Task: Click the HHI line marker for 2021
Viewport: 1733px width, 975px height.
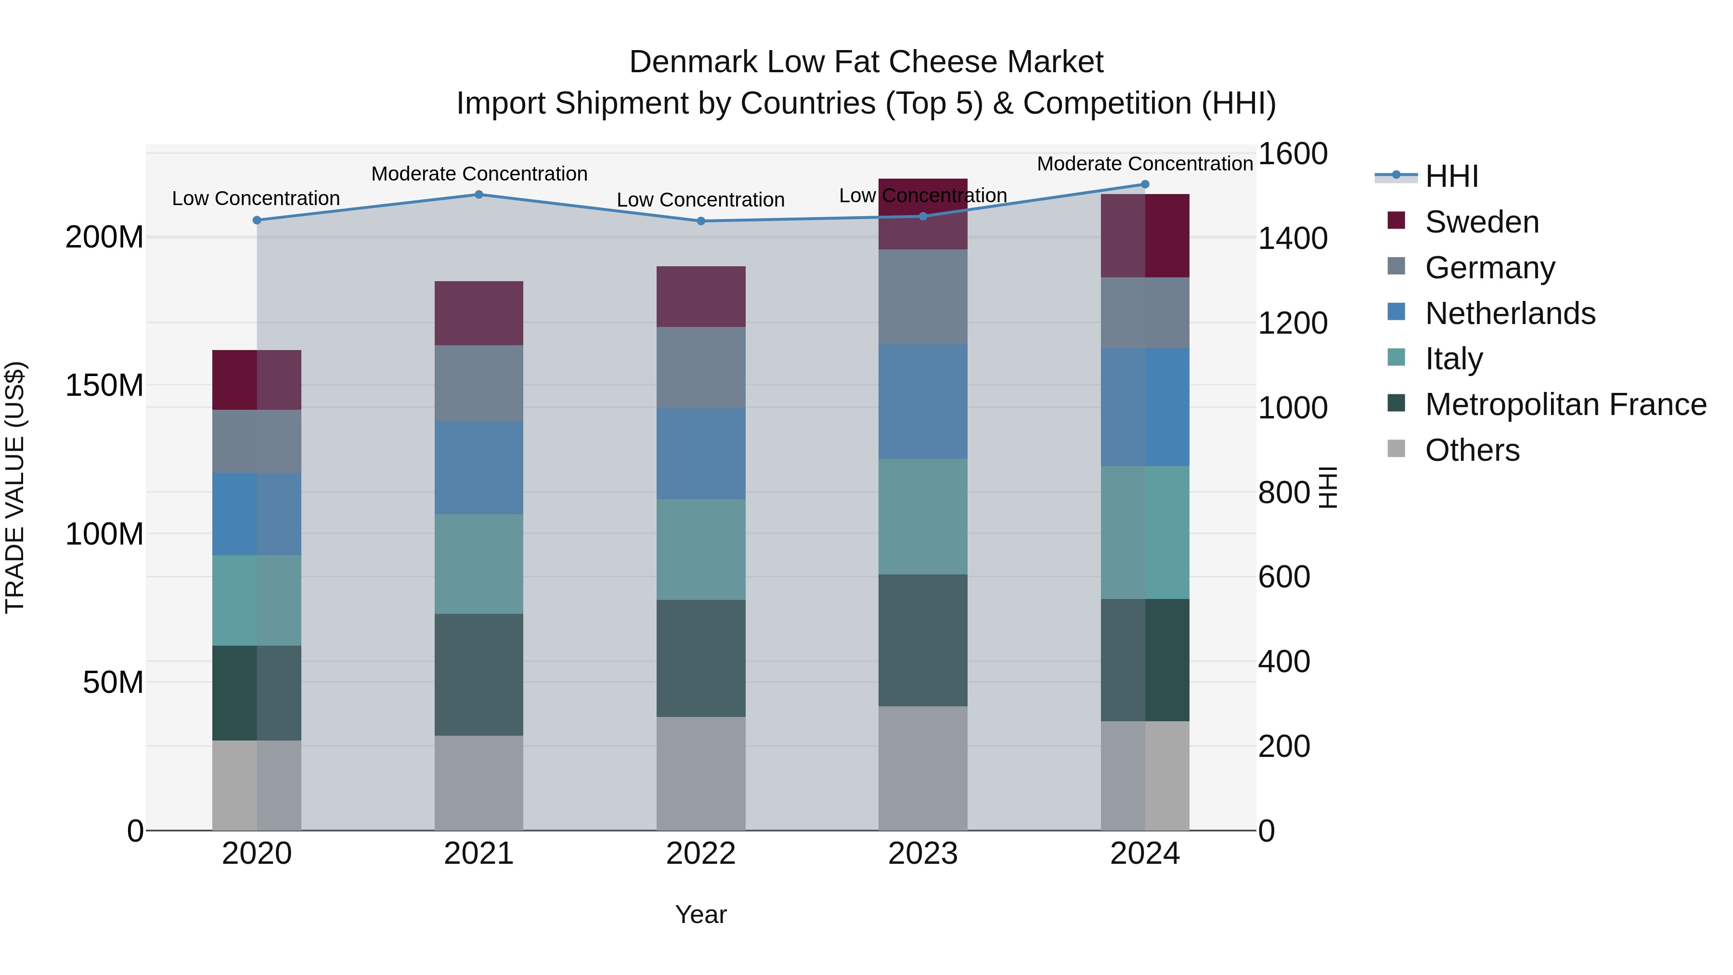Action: tap(479, 195)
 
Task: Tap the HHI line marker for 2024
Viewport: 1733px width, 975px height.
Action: tap(1145, 184)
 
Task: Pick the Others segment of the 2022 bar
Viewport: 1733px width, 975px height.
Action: tap(700, 773)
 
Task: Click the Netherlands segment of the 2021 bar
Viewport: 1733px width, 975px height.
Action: tap(479, 468)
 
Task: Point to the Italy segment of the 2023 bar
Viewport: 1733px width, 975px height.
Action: tap(922, 517)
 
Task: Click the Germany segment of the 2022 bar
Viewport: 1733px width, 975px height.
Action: tap(700, 367)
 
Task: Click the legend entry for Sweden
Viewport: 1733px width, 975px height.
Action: tap(1481, 222)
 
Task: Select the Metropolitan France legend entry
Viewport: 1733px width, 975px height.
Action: tap(1565, 404)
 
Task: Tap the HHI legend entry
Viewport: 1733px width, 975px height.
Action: tap(1451, 176)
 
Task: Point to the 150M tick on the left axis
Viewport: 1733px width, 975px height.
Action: tap(104, 386)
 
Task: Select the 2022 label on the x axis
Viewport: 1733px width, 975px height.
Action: tap(700, 854)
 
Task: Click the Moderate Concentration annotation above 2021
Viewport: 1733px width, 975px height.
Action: tap(479, 174)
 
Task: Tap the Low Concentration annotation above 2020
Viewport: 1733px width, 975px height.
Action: tap(256, 198)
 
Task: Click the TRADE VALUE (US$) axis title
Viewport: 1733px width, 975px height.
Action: tap(15, 487)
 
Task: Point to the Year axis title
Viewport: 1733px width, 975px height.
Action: tap(700, 914)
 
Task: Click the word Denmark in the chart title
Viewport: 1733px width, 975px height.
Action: tap(693, 62)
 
